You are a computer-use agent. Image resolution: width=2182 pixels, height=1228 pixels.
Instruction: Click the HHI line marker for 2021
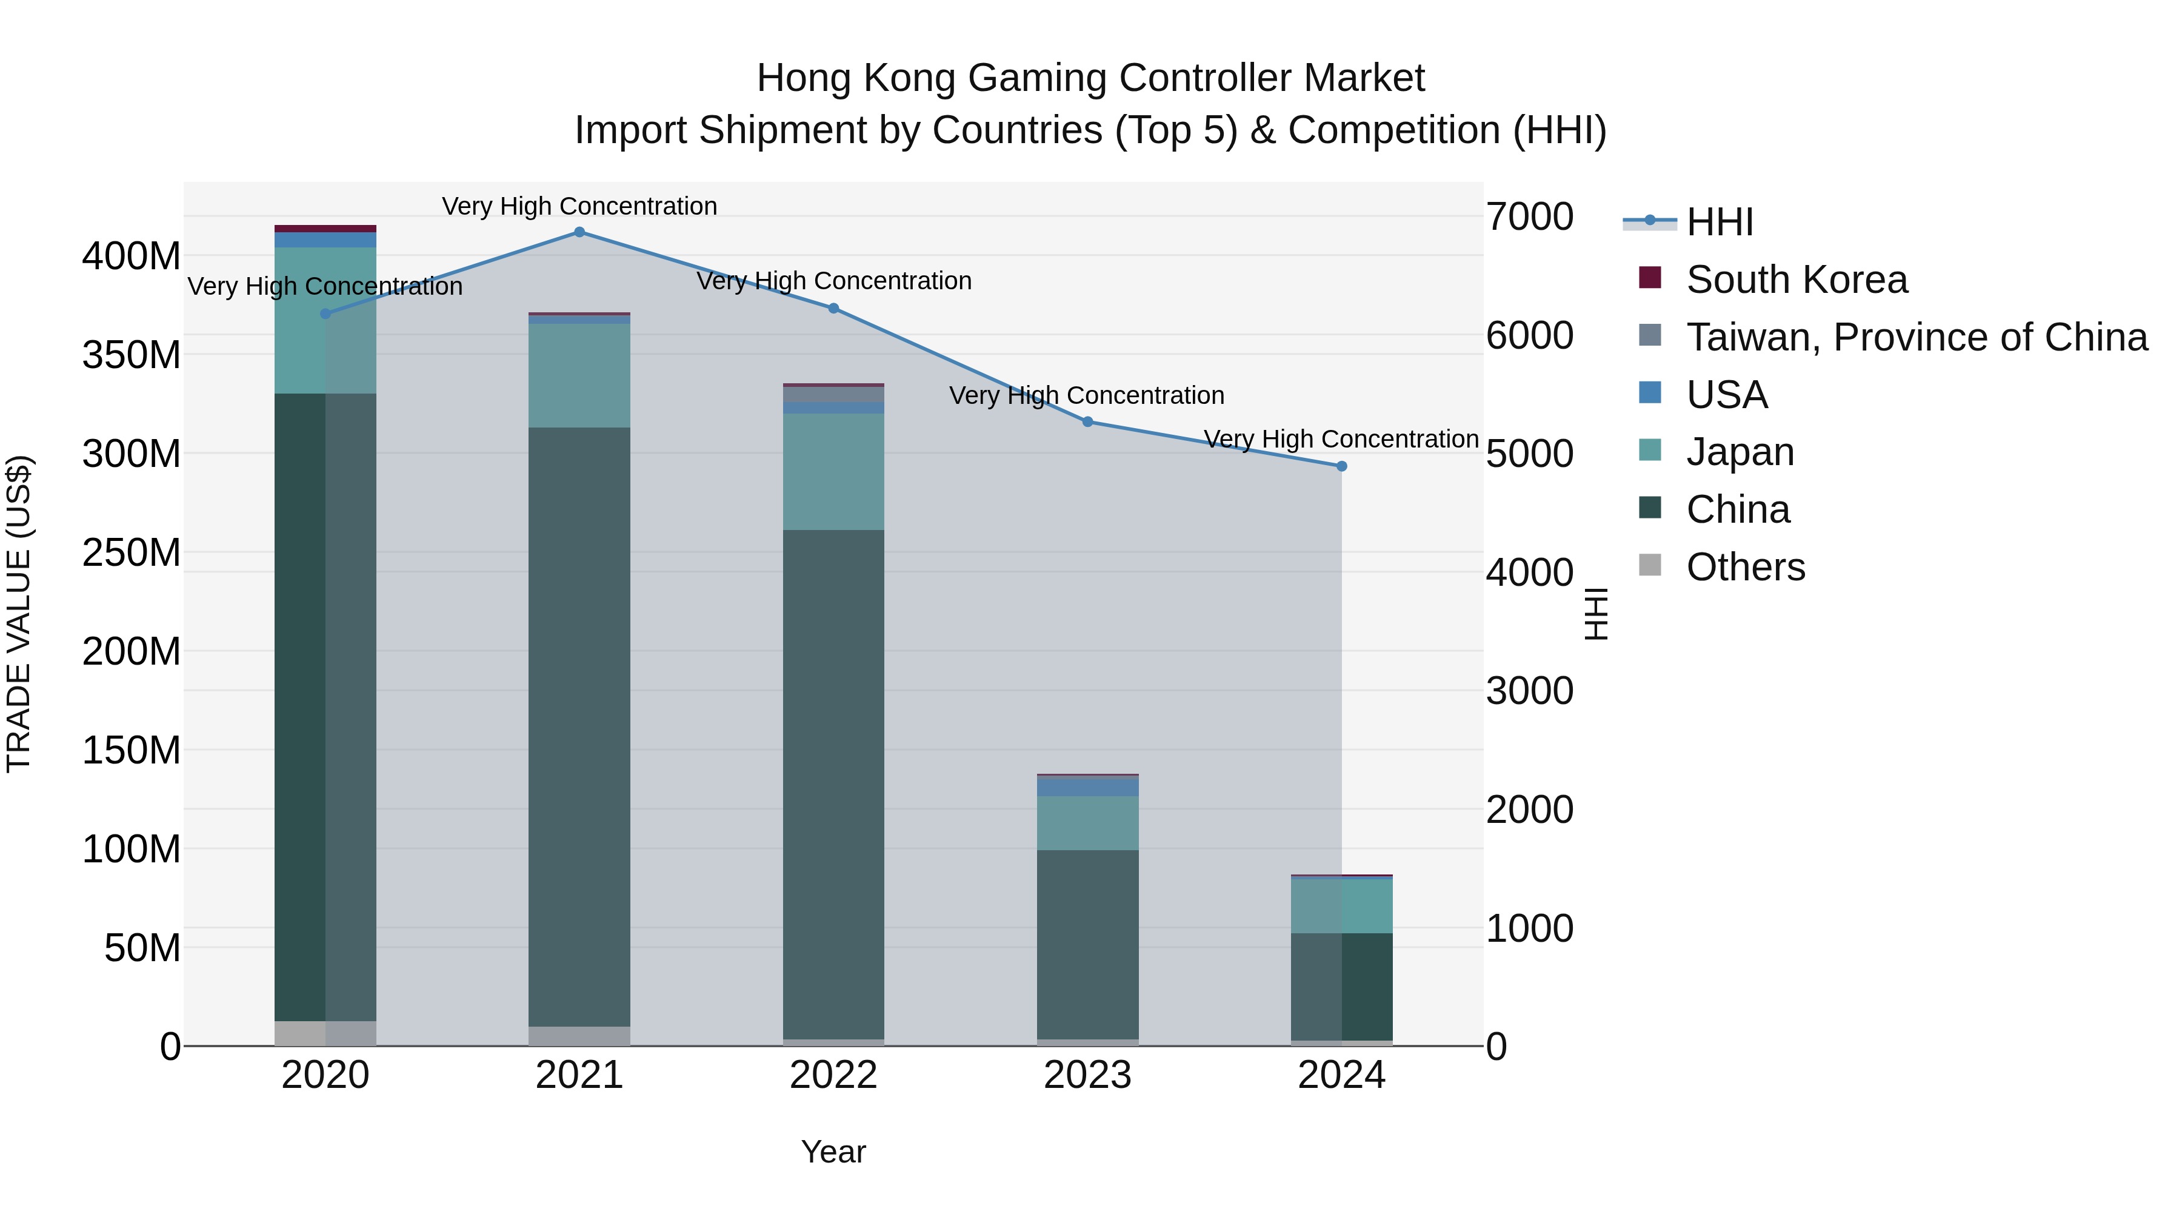[x=579, y=232]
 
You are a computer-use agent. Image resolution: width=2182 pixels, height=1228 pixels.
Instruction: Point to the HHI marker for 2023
[x=1087, y=422]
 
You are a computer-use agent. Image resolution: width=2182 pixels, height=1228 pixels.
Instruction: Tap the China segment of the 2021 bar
[x=579, y=726]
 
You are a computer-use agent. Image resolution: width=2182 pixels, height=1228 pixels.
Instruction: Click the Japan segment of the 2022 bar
[x=833, y=471]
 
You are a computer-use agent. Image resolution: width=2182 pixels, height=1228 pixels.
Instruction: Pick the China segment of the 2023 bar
[x=1087, y=944]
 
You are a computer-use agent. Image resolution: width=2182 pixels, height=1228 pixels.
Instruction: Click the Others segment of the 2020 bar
[x=325, y=1033]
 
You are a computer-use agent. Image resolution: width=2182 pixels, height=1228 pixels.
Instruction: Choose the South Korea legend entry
[x=1796, y=280]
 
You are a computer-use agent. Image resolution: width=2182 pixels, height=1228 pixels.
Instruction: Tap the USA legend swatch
[x=1650, y=393]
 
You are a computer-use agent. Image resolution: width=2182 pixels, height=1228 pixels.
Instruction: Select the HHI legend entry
[x=1720, y=222]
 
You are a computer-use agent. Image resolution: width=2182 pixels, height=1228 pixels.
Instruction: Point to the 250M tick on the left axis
[x=132, y=552]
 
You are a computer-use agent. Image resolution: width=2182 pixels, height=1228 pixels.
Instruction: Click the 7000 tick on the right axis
[x=1530, y=217]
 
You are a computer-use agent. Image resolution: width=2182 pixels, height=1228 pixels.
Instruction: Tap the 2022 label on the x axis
[x=833, y=1075]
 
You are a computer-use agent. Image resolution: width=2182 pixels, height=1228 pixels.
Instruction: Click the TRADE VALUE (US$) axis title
[x=19, y=614]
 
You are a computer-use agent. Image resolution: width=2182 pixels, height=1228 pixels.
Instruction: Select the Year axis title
[x=833, y=1152]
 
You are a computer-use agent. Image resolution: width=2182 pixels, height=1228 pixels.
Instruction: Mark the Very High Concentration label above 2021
[x=579, y=206]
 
